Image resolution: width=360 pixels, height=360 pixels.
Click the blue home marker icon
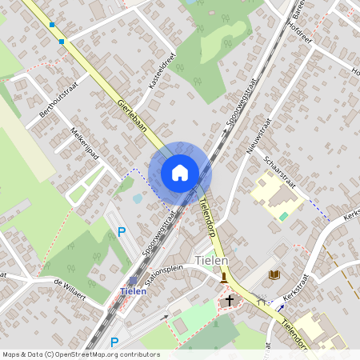pos(180,172)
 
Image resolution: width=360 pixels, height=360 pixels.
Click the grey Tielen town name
pos(212,261)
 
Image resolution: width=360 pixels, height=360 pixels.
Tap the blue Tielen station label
pos(133,291)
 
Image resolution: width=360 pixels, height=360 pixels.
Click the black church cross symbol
pos(230,302)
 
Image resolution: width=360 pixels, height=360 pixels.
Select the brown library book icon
pos(274,274)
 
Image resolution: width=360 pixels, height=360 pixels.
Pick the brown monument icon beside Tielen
pos(224,278)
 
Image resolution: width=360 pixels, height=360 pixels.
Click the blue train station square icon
pos(134,279)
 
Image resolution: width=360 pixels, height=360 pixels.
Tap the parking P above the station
pos(122,232)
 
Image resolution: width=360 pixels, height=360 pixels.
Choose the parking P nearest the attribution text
pos(114,342)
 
